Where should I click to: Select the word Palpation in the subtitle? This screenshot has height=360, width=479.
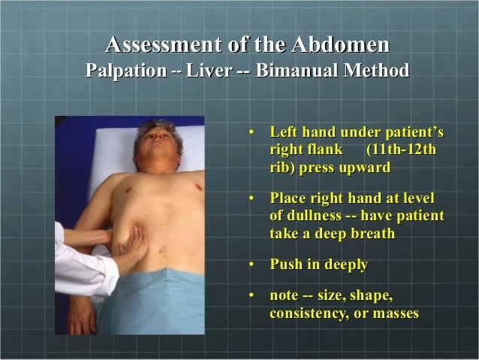(x=123, y=71)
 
